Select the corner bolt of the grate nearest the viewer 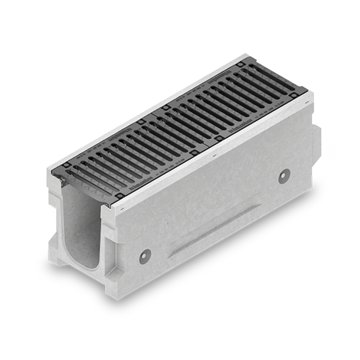pyautogui.click(x=120, y=195)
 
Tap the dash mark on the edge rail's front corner pyautogui.click(x=122, y=209)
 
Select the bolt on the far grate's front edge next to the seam pyautogui.click(x=218, y=138)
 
